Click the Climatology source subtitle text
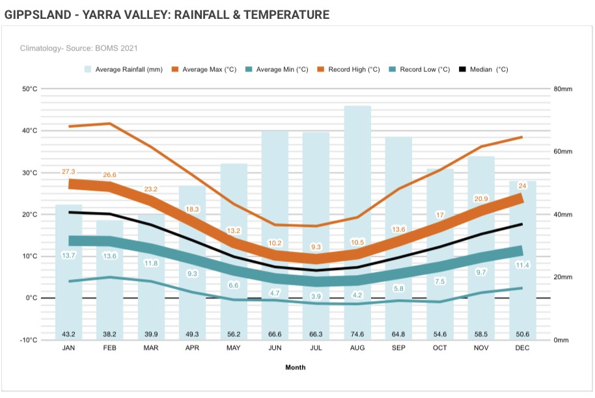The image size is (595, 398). [79, 48]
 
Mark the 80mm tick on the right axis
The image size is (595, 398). [562, 89]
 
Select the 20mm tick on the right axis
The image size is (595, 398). [562, 277]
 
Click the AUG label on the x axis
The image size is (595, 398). [357, 349]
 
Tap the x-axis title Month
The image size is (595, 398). [295, 367]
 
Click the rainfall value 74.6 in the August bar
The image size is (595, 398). [357, 334]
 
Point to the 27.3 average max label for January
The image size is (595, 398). [69, 172]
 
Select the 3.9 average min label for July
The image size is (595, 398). [316, 296]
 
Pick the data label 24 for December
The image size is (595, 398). [521, 185]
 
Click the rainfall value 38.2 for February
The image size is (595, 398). [110, 334]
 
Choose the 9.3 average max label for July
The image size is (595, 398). [316, 247]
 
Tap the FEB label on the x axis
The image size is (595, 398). [110, 349]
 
